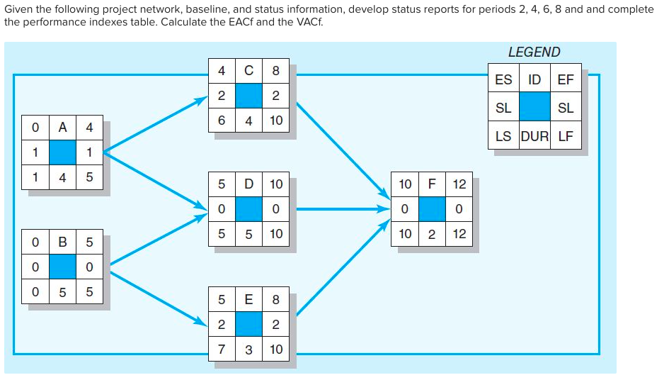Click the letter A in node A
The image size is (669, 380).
point(62,128)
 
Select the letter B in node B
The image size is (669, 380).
point(62,242)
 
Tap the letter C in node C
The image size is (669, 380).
point(248,71)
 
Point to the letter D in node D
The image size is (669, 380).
point(248,184)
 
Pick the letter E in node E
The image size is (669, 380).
point(248,299)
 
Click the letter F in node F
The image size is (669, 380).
point(432,184)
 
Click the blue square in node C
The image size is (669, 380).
point(248,96)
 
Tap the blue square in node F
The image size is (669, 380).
point(432,209)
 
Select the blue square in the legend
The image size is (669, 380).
point(534,108)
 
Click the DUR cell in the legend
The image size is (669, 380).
point(534,136)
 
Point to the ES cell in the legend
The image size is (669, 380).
point(503,79)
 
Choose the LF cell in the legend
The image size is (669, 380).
point(566,136)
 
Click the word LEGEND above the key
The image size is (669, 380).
point(534,52)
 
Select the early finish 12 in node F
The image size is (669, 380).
point(459,184)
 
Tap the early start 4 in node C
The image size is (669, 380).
point(222,71)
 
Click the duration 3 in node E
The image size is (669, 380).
point(248,349)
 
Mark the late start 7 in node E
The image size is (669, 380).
point(222,349)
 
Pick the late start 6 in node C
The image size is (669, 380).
point(222,121)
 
